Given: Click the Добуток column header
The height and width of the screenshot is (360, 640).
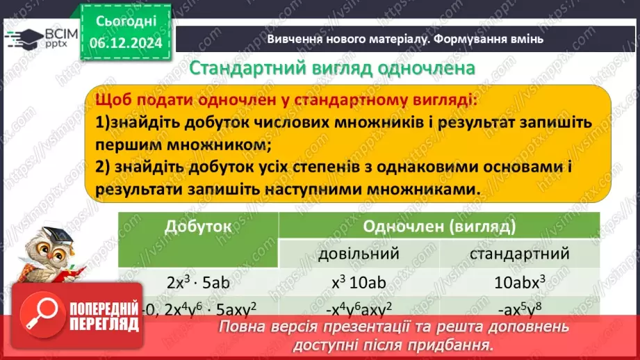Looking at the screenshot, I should (x=198, y=227).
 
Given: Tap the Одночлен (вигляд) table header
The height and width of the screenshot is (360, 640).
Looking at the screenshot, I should (x=439, y=227).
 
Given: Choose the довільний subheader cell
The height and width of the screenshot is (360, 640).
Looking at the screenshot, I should (x=359, y=254).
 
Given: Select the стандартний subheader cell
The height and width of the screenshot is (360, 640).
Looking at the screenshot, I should (x=520, y=254).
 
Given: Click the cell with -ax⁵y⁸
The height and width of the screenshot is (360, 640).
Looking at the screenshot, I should (x=520, y=306).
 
